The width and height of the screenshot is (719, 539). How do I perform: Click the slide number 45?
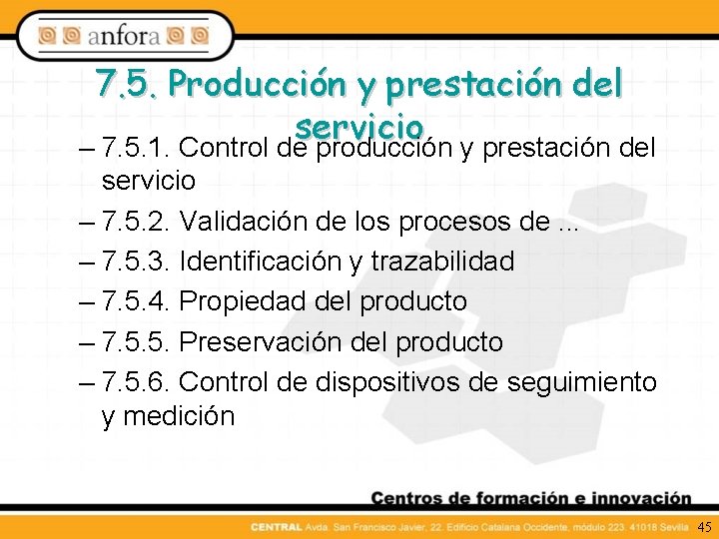click(704, 526)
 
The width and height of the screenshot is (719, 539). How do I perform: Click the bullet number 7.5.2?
click(138, 221)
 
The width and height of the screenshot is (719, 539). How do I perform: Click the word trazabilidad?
click(442, 262)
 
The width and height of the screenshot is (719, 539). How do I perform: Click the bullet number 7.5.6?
click(138, 381)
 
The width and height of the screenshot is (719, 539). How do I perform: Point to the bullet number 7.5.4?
click(138, 301)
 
